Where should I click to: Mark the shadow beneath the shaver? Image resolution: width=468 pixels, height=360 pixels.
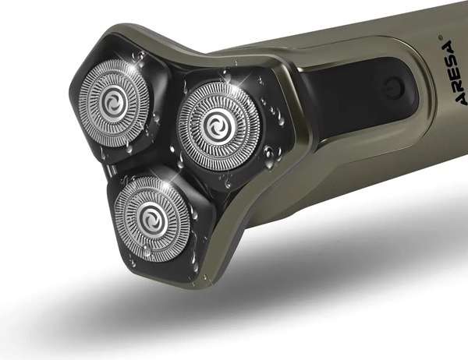pos(312,296)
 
